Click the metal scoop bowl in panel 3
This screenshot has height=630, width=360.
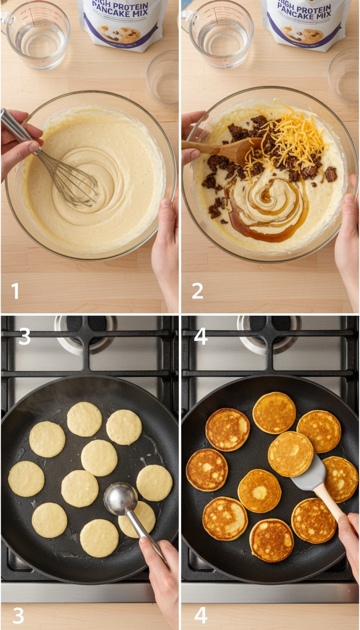(120, 499)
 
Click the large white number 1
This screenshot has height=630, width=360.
(15, 291)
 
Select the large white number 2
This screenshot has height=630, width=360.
(197, 291)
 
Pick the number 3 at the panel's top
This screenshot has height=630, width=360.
(24, 337)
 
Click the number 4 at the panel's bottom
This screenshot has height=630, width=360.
(201, 615)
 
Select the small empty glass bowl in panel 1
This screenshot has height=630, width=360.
(163, 77)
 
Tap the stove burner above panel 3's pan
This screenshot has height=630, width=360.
(84, 330)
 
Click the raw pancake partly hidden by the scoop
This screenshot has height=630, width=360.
(141, 518)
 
